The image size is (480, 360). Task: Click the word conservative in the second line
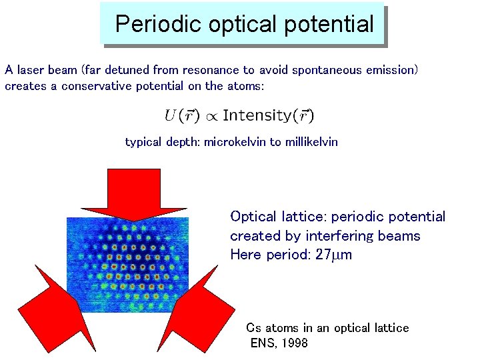coord(97,86)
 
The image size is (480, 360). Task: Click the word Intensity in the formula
coord(256,115)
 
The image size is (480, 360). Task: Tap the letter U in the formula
coord(171,115)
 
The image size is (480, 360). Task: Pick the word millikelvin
coord(309,142)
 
